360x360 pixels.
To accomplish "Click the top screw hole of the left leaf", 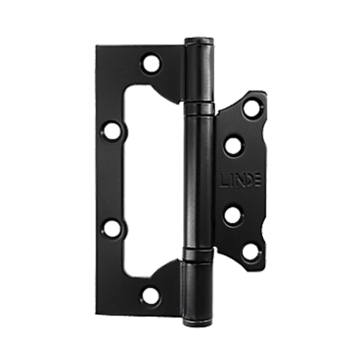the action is coord(151,63).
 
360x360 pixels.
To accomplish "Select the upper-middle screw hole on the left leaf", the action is coord(112,131).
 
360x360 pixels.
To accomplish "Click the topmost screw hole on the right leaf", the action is coord(252,108).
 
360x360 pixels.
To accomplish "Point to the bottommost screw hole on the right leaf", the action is coord(250,252).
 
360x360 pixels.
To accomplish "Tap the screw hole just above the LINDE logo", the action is coord(233,145).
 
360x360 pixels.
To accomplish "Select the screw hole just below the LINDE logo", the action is coord(233,215).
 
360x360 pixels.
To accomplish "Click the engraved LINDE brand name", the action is coord(240,181).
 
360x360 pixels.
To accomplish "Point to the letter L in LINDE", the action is coord(223,181).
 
